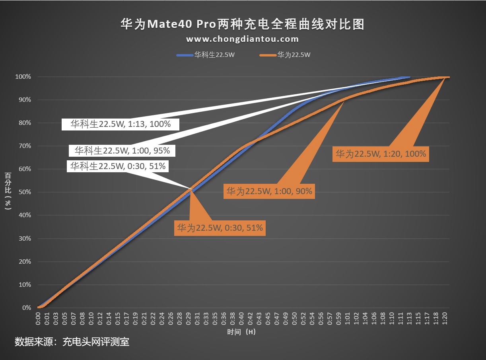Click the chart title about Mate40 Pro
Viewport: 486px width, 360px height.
243,24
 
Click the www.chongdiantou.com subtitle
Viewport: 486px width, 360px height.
243,39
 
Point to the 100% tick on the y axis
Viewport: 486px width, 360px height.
23,77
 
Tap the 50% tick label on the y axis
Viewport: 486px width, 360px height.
24,192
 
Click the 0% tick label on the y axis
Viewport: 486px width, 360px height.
26,307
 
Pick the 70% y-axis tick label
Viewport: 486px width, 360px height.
24,146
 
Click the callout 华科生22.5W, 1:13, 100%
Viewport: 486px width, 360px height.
121,124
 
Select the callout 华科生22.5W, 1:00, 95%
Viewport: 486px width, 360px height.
122,151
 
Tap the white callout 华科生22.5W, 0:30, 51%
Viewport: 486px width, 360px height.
118,166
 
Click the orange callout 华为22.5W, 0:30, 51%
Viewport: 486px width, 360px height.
220,228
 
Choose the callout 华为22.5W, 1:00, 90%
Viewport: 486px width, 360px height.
269,192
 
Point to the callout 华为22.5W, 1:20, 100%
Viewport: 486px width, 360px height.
381,154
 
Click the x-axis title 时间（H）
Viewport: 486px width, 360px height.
241,332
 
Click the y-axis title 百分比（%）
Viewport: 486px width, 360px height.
8,191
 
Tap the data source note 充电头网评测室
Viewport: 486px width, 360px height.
72,342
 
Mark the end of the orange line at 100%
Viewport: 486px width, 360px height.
448,77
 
